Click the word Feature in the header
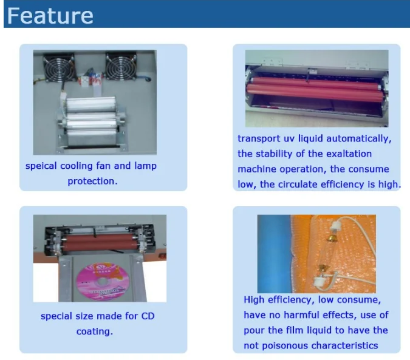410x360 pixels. pyautogui.click(x=50, y=16)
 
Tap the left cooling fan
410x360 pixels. pyautogui.click(x=59, y=67)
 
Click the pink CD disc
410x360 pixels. pyautogui.click(x=103, y=281)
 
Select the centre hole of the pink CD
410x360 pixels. pyautogui.click(x=103, y=281)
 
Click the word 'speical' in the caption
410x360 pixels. pyautogui.click(x=41, y=166)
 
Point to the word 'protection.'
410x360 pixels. pyautogui.click(x=92, y=181)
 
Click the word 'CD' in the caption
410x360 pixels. pyautogui.click(x=148, y=316)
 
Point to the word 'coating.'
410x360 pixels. pyautogui.click(x=95, y=331)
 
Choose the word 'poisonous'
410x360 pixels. pyautogui.click(x=284, y=345)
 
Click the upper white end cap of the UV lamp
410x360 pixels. pyautogui.click(x=334, y=225)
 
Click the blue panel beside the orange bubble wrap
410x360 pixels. pyautogui.click(x=274, y=254)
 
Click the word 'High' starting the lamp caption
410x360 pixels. pyautogui.click(x=254, y=300)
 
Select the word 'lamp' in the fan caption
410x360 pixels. pyautogui.click(x=145, y=166)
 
